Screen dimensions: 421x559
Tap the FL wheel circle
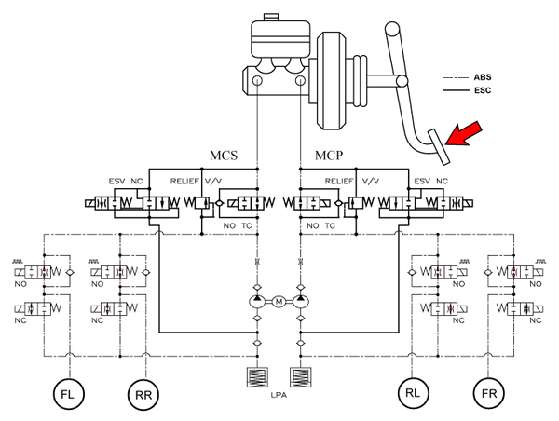point(67,394)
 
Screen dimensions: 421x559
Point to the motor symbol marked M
point(278,301)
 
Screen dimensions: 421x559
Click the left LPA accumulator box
point(257,379)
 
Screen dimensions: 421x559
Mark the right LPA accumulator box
point(298,379)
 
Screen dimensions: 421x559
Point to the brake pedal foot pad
point(431,143)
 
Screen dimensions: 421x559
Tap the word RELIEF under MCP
point(340,180)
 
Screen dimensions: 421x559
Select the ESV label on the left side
point(116,180)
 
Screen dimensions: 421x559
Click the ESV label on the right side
point(423,180)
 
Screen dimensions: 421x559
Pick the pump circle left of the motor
point(257,301)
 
